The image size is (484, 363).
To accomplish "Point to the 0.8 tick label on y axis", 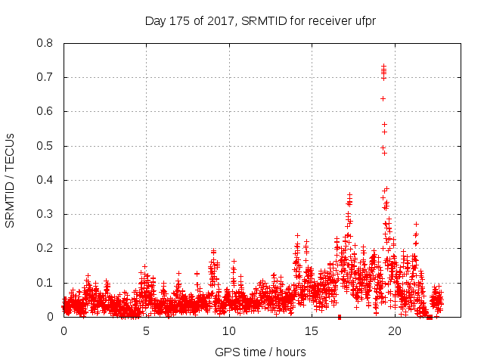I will pyautogui.click(x=45, y=43).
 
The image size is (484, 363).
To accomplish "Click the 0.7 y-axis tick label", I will pyautogui.click(x=45, y=77).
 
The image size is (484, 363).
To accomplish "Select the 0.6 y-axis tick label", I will pyautogui.click(x=45, y=111).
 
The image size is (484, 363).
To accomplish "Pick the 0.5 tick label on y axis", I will pyautogui.click(x=45, y=146).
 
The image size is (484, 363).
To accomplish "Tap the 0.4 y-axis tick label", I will pyautogui.click(x=45, y=180).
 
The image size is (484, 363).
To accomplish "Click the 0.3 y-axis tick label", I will pyautogui.click(x=45, y=214).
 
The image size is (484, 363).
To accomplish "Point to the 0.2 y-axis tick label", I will pyautogui.click(x=45, y=248).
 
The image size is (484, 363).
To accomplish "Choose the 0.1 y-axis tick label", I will pyautogui.click(x=45, y=283).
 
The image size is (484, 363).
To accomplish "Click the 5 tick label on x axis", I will pyautogui.click(x=146, y=330).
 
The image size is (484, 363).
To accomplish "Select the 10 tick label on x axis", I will pyautogui.click(x=228, y=330).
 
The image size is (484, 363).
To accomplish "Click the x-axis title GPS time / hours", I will pyautogui.click(x=259, y=352).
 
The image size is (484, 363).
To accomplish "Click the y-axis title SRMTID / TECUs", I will pyautogui.click(x=11, y=180).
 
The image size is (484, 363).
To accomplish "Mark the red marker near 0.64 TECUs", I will pyautogui.click(x=383, y=98).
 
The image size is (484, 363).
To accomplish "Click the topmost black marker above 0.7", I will pyautogui.click(x=383, y=66).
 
